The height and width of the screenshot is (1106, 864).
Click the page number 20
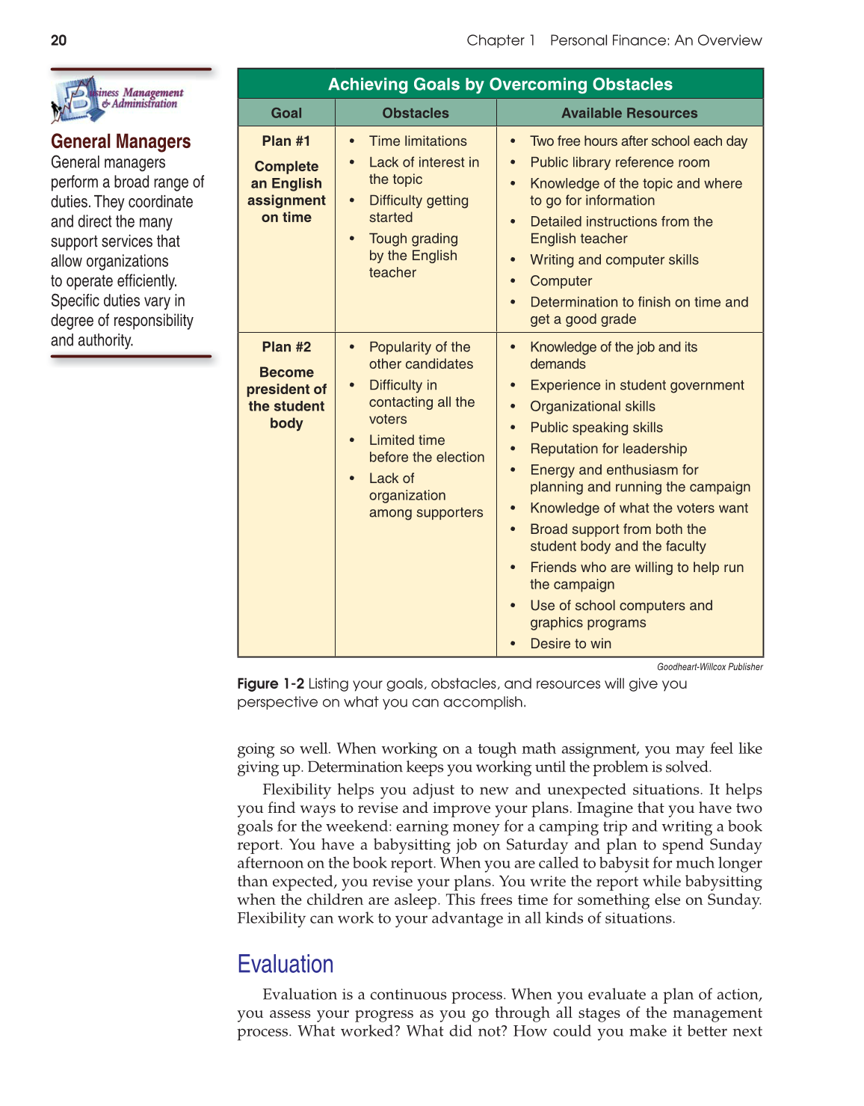pyautogui.click(x=58, y=40)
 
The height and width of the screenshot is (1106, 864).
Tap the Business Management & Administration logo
pyautogui.click(x=118, y=99)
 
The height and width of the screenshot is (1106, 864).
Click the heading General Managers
pyautogui.click(x=120, y=141)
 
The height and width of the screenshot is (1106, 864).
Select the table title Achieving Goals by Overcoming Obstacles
pyautogui.click(x=500, y=85)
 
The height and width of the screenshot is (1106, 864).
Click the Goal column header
pyautogui.click(x=286, y=113)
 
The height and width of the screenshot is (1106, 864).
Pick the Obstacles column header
pyautogui.click(x=416, y=113)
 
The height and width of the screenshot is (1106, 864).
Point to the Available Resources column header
pyautogui.click(x=629, y=113)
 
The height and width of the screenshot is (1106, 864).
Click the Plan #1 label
pyautogui.click(x=286, y=141)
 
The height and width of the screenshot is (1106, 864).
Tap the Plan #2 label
pyautogui.click(x=286, y=347)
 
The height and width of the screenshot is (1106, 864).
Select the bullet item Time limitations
pyautogui.click(x=418, y=141)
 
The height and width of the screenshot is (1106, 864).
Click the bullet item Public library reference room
pyautogui.click(x=620, y=162)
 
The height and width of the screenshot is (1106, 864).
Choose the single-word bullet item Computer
pyautogui.click(x=561, y=281)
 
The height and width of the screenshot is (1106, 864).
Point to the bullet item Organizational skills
pyautogui.click(x=592, y=406)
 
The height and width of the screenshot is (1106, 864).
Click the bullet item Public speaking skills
pyautogui.click(x=596, y=428)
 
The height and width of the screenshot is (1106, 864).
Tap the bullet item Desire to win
pyautogui.click(x=570, y=644)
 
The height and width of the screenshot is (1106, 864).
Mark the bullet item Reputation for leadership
pyautogui.click(x=608, y=449)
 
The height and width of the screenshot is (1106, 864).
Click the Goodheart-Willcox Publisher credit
pyautogui.click(x=709, y=667)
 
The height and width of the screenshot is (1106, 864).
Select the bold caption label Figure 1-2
pyautogui.click(x=271, y=683)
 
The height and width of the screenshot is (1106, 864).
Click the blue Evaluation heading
pyautogui.click(x=286, y=964)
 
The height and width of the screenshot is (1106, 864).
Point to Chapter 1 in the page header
pyautogui.click(x=501, y=40)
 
